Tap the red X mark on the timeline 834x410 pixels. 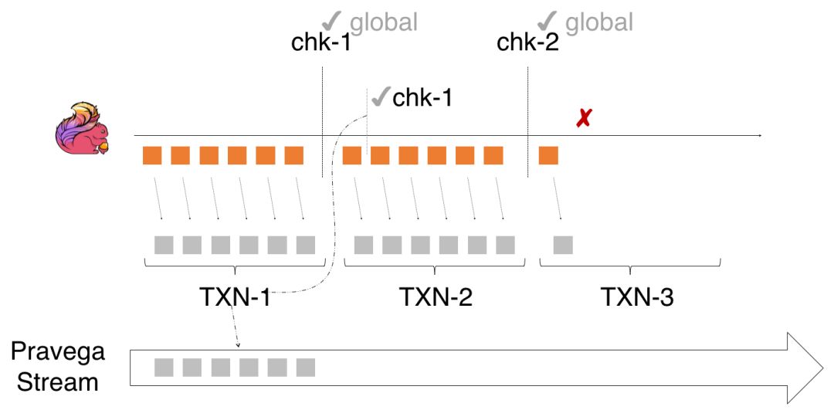585,119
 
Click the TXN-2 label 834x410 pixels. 436,296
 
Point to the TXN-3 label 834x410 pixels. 637,296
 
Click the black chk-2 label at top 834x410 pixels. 527,42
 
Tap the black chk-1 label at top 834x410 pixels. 320,42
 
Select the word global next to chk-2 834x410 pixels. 599,22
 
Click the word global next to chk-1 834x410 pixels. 383,22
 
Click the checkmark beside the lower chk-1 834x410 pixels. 380,97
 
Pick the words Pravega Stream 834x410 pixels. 58,367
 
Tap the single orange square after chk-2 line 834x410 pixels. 548,155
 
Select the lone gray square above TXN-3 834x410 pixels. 563,245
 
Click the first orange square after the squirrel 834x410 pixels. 152,155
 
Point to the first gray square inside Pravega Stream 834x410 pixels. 164,368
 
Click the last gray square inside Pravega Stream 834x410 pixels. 306,368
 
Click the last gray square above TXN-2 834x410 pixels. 506,245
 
